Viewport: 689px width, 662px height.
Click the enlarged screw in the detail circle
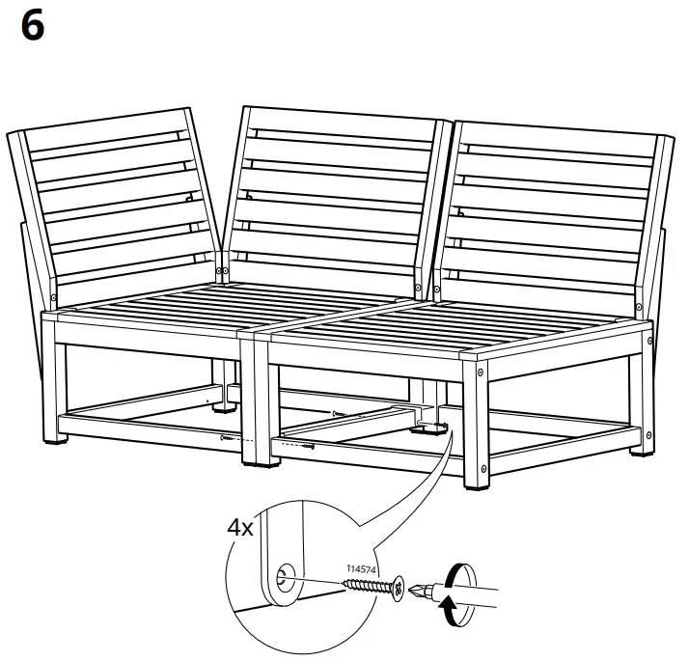coord(372,586)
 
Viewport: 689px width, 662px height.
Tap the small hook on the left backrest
coord(191,198)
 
